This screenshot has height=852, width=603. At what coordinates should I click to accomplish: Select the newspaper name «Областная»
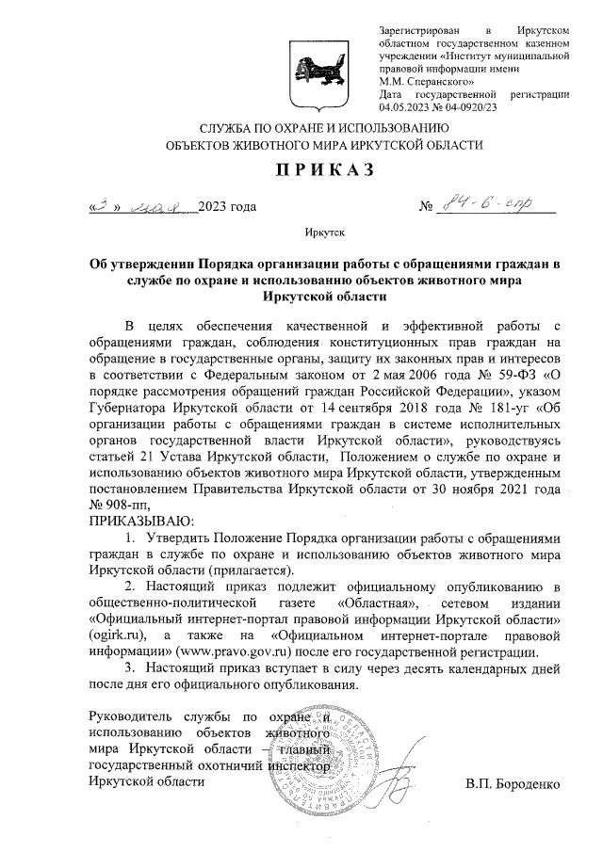tap(374, 603)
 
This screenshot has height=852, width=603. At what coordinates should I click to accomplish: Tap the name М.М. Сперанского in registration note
tap(421, 80)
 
